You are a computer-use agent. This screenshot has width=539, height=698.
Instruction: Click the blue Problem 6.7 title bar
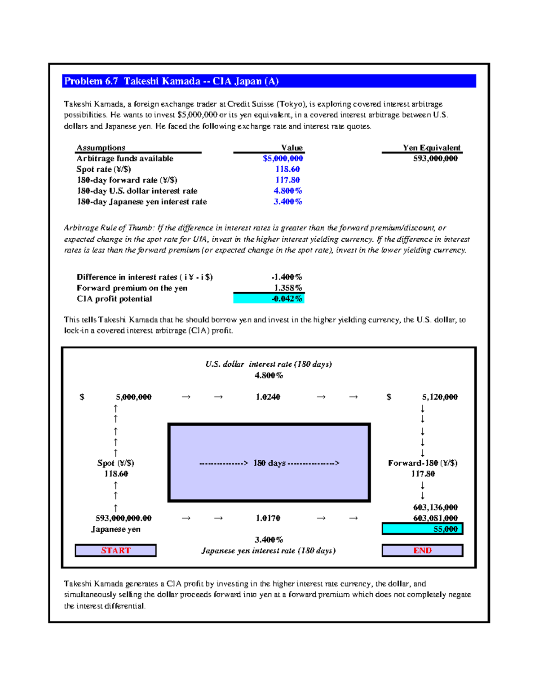point(269,81)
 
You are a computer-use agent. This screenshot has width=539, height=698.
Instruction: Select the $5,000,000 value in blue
point(283,159)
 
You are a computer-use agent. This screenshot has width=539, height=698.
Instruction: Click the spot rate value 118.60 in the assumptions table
point(287,169)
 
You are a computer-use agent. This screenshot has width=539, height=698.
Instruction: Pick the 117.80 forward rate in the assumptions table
point(287,180)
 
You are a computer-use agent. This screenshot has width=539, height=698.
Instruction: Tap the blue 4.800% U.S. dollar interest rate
point(287,191)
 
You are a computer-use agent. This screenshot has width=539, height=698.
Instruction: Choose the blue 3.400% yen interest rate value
point(287,202)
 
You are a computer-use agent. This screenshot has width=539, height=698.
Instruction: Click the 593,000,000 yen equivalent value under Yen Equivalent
point(435,159)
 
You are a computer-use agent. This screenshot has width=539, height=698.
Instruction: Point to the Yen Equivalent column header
point(431,148)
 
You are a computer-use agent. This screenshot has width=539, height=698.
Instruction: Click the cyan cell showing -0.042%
point(269,299)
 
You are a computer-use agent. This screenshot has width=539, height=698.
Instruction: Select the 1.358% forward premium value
point(288,288)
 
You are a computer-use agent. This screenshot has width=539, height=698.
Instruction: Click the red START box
point(115,551)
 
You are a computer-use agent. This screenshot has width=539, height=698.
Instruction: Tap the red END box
point(422,551)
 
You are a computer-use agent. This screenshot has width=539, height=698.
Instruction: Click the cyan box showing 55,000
point(422,529)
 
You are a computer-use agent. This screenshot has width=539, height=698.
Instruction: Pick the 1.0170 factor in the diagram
point(268,518)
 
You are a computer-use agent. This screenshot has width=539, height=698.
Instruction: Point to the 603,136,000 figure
point(435,507)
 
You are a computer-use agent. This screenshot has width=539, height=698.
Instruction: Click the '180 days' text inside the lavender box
point(269,463)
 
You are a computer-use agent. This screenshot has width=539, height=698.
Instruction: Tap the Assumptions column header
point(101,148)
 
